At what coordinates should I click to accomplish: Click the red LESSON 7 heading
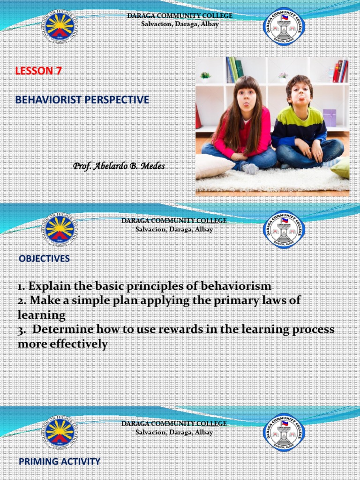[38, 71]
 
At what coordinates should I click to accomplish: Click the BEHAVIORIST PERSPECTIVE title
[82, 99]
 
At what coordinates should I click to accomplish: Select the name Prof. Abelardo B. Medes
[119, 166]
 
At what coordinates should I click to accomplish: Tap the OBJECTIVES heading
[44, 259]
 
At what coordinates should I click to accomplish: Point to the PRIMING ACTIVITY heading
[59, 461]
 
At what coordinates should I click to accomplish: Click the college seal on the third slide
[284, 432]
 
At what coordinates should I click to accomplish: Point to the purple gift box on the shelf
[330, 118]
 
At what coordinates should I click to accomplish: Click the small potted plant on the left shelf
[205, 76]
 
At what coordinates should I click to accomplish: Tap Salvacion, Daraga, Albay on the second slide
[174, 230]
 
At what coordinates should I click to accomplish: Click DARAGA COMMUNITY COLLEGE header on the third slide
[174, 423]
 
